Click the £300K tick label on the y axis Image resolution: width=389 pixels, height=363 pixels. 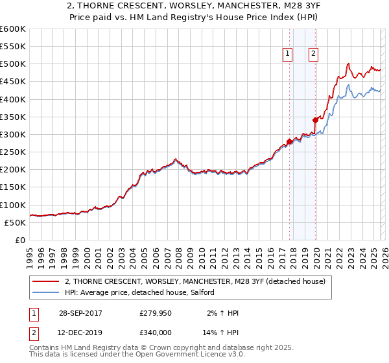tap(13, 135)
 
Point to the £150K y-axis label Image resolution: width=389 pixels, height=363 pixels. tap(13, 187)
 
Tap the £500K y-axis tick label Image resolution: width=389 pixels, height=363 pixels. tap(13, 64)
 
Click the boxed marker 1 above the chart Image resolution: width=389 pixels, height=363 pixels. tap(287, 54)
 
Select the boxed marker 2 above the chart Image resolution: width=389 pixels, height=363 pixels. tap(313, 54)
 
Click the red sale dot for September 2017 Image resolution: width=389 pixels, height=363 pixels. tap(289, 142)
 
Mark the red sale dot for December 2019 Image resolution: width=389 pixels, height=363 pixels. tap(315, 120)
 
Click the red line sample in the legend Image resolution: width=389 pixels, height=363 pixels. tap(46, 281)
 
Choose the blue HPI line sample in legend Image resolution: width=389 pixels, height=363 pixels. tap(46, 292)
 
